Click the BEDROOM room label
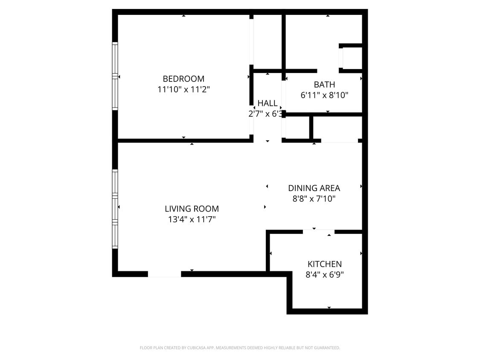click(183, 79)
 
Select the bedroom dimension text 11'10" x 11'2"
click(183, 90)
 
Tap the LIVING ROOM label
click(192, 209)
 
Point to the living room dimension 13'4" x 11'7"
click(192, 220)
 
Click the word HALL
click(268, 103)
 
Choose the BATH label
click(324, 84)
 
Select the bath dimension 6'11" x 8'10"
click(324, 95)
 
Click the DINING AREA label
click(314, 188)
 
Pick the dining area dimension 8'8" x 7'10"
click(314, 199)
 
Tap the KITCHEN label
click(325, 264)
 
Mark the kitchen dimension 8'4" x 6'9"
click(325, 275)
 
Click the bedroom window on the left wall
click(115, 76)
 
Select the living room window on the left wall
click(115, 209)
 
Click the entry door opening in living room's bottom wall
click(164, 274)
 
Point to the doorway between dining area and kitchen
click(318, 232)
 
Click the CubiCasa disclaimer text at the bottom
click(240, 348)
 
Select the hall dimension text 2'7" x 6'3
click(265, 114)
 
